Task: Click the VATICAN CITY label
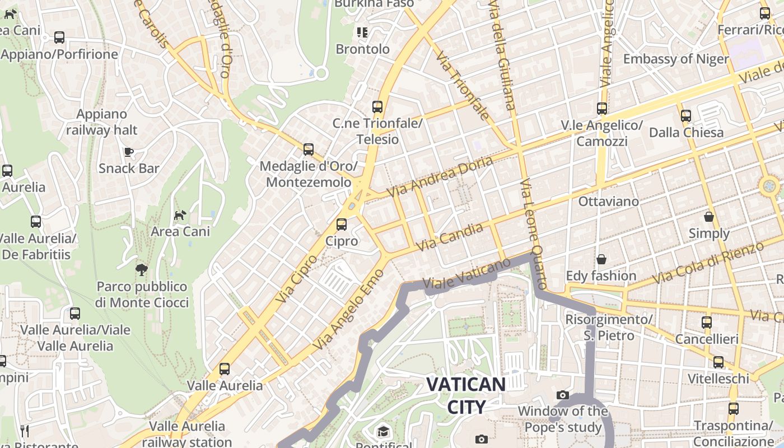tap(466, 395)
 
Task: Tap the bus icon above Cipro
tap(342, 225)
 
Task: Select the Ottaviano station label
tap(609, 201)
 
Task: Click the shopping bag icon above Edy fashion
tap(601, 259)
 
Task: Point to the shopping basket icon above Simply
tap(709, 217)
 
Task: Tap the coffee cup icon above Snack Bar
tap(129, 152)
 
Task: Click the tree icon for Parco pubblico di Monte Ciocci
tap(141, 270)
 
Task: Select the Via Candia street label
tap(450, 237)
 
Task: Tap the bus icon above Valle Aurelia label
tap(225, 369)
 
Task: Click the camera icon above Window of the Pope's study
tap(563, 395)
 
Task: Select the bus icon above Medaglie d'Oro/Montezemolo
tap(308, 150)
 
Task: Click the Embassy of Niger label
tap(676, 59)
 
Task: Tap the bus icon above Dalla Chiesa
tap(686, 116)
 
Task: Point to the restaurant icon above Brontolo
tap(362, 32)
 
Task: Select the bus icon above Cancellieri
tap(707, 323)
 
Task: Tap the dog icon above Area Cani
tap(180, 215)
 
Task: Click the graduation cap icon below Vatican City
tap(383, 431)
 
